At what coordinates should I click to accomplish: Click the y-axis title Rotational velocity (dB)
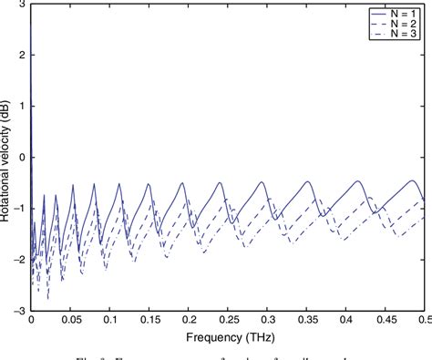click(x=8, y=157)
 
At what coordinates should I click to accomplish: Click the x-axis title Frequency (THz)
click(x=228, y=336)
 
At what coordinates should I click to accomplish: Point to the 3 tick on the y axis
click(x=22, y=4)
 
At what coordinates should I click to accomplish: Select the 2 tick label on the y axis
click(x=22, y=55)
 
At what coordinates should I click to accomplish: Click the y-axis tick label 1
click(x=22, y=106)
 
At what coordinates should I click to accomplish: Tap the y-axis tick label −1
click(x=20, y=208)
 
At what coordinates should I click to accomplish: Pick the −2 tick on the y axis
click(x=20, y=259)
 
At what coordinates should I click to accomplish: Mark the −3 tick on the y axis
click(x=20, y=310)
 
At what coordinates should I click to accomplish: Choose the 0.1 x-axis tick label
click(x=109, y=320)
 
